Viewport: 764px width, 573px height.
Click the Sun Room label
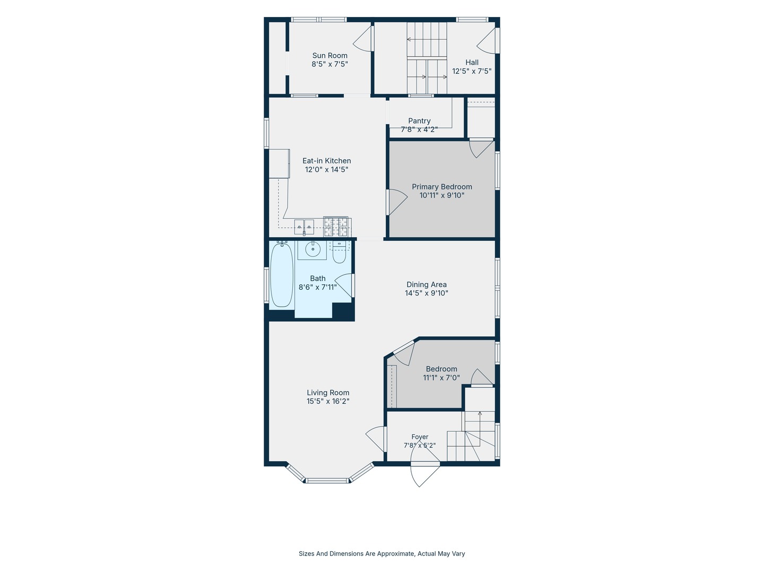click(x=329, y=55)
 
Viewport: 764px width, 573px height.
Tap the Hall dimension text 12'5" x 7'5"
click(x=472, y=71)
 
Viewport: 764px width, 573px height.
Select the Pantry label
click(x=419, y=121)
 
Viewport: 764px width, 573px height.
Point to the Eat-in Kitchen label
click(x=326, y=161)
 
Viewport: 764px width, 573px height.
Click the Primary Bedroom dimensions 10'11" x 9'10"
click(x=442, y=195)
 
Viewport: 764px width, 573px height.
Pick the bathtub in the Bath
click(x=282, y=275)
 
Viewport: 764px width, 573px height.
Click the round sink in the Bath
click(x=313, y=249)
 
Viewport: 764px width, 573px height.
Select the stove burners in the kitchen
click(x=335, y=227)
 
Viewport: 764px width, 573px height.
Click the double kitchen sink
click(x=304, y=227)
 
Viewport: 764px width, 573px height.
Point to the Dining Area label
click(x=427, y=284)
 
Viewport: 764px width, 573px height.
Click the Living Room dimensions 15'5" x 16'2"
click(x=328, y=401)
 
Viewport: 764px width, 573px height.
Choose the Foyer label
click(x=420, y=437)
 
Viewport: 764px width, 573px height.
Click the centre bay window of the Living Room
click(x=327, y=481)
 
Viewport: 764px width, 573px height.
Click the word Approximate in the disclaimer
click(x=396, y=553)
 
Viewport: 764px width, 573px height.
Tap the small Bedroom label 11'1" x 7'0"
click(x=441, y=377)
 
